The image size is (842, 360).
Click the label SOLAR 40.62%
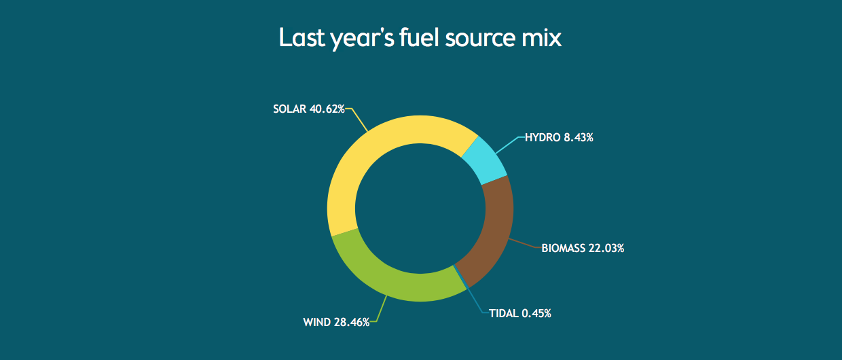point(308,109)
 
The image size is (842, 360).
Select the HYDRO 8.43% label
point(559,138)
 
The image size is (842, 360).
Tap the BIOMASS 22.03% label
point(583,249)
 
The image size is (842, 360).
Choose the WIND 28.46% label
point(336,323)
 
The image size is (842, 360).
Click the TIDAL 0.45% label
point(520,313)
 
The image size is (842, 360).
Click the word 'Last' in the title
point(301,37)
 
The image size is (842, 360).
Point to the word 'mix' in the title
point(541,37)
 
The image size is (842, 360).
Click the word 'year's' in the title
point(363,39)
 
